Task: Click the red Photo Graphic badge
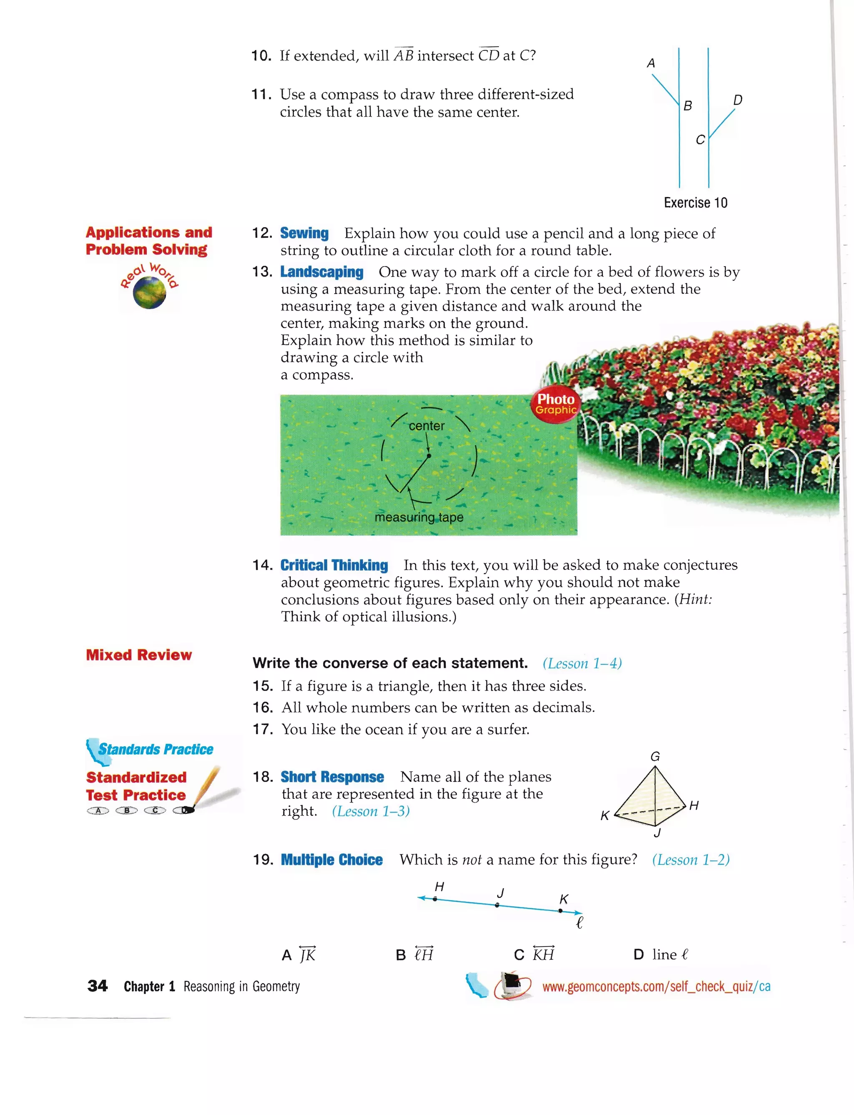[556, 404]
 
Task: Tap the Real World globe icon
[149, 292]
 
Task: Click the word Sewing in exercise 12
[304, 233]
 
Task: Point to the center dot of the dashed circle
[429, 456]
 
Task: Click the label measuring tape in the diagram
[419, 517]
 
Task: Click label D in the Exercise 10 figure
[738, 100]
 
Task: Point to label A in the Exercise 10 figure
[651, 63]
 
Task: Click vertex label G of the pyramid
[655, 757]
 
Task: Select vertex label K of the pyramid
[604, 816]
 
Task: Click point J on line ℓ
[497, 905]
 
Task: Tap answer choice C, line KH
[534, 955]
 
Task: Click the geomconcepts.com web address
[656, 987]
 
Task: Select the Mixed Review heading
[139, 655]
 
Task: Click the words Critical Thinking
[334, 565]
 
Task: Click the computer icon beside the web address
[512, 985]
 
